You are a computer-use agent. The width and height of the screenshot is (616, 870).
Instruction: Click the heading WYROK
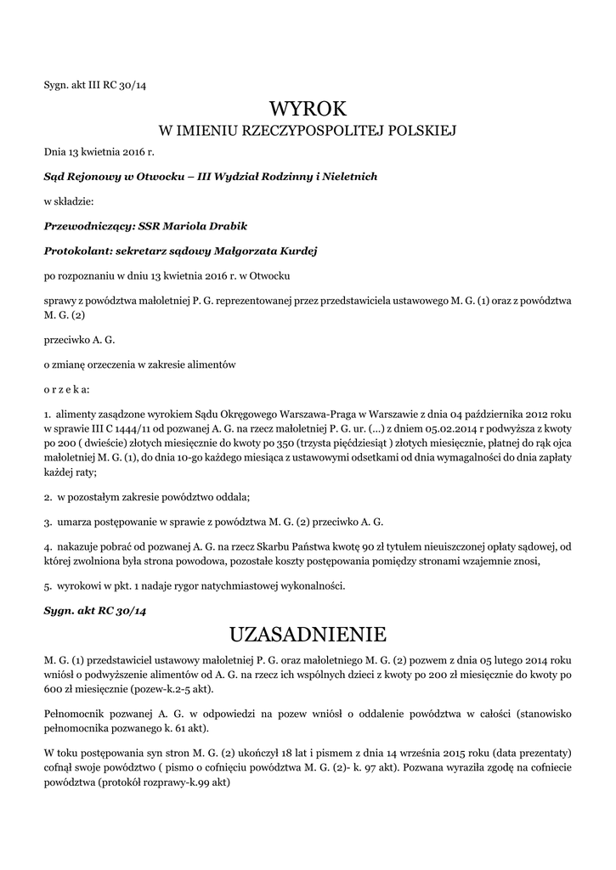pyautogui.click(x=308, y=109)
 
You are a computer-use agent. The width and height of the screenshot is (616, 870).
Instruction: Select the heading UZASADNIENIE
pyautogui.click(x=308, y=635)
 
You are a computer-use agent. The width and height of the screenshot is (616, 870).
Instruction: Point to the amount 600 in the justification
pyautogui.click(x=53, y=690)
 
